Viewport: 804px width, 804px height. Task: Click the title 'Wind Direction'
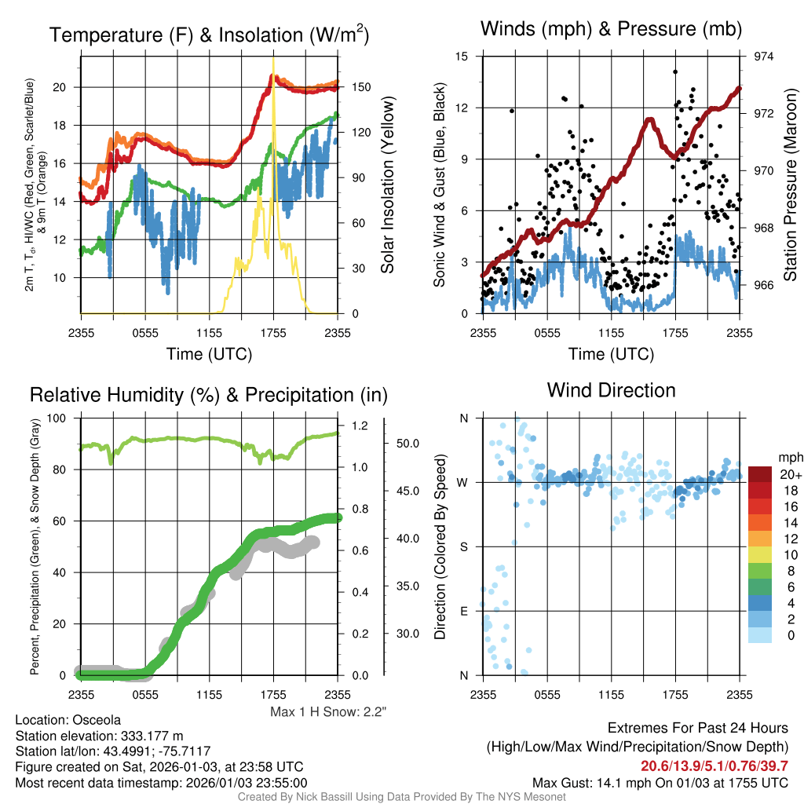click(611, 390)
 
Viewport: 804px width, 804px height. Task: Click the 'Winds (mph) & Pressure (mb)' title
click(611, 30)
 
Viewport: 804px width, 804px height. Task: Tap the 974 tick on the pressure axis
click(764, 57)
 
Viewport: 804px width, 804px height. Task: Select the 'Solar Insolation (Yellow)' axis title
click(388, 185)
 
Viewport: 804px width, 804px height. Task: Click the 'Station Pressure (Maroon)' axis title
click(791, 185)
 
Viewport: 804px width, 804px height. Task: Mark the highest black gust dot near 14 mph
click(675, 71)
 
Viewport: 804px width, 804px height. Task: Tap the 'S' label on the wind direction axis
click(463, 546)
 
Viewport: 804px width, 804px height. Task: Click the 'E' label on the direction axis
click(463, 611)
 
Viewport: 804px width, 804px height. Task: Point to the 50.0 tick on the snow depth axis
click(401, 443)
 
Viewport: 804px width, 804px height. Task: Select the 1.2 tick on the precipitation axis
click(360, 426)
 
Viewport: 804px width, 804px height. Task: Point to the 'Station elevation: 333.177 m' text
click(99, 736)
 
